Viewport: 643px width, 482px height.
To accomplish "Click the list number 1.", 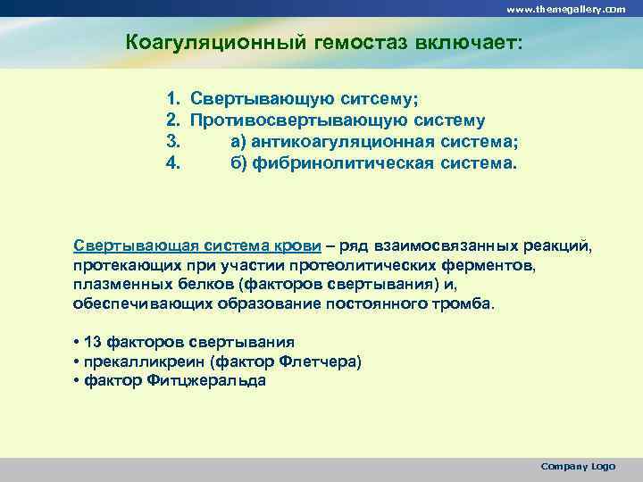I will click(173, 97).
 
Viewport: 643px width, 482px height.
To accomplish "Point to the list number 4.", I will click(173, 163).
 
